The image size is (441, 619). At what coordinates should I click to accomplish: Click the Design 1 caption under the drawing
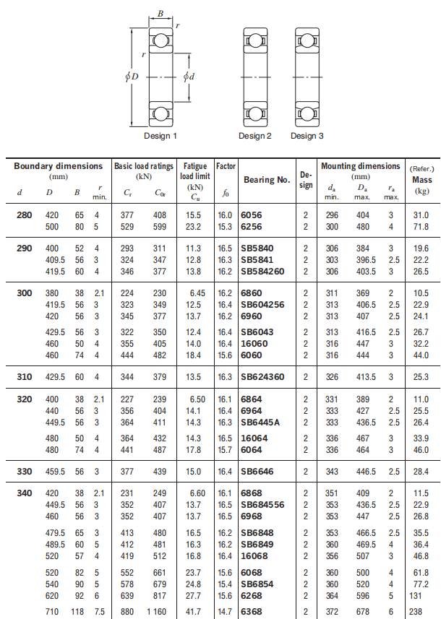tap(160, 136)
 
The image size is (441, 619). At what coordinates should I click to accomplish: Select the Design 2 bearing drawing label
tap(255, 136)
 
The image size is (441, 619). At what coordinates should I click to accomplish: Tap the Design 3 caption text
tap(307, 136)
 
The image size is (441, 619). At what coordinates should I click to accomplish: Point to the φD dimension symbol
tap(132, 76)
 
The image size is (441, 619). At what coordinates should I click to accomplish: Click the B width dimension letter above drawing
tap(160, 12)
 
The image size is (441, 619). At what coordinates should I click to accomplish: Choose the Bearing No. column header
tap(266, 180)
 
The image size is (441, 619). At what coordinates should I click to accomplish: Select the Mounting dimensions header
tap(360, 166)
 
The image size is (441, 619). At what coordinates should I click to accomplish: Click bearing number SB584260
tap(264, 272)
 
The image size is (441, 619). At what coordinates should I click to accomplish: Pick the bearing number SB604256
tap(264, 305)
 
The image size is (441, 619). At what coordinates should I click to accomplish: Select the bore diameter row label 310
tap(25, 377)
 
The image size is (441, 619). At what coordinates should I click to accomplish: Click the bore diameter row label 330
tap(25, 472)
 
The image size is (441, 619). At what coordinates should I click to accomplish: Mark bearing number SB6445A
tap(261, 422)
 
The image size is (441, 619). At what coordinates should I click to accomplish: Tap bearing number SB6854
tap(258, 584)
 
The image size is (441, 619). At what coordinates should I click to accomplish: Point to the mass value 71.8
tap(421, 227)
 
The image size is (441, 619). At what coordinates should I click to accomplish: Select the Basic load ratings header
tap(144, 166)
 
